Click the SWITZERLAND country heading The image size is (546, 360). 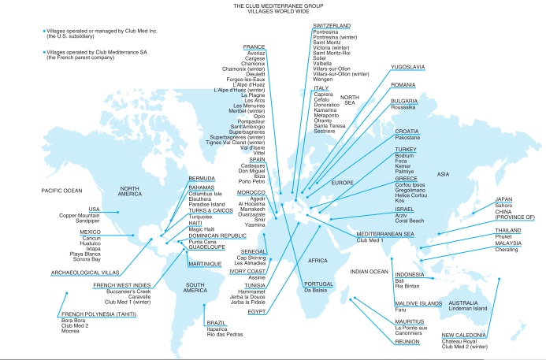332,26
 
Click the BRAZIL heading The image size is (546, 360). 215,323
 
